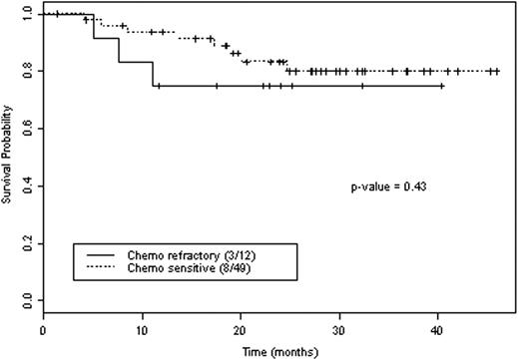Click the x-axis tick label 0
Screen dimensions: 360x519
44,327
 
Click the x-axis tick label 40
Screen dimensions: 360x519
439,327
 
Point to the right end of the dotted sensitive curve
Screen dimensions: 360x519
498,71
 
